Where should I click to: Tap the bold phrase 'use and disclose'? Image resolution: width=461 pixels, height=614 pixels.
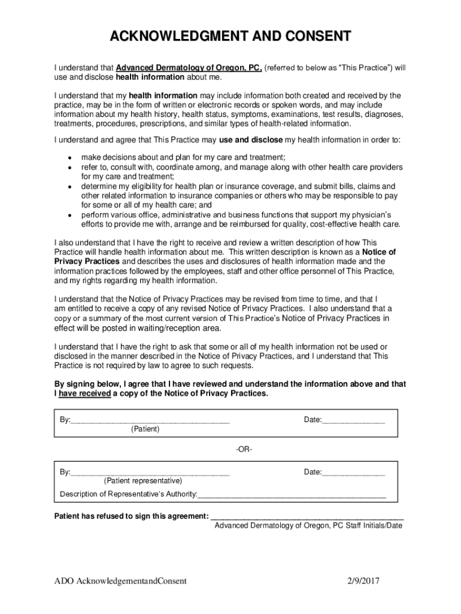point(250,140)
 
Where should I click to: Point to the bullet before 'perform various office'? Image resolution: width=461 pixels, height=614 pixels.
point(70,215)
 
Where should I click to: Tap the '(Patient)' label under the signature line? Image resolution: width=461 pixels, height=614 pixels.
point(145,429)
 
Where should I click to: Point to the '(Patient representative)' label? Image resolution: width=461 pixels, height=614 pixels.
point(143,481)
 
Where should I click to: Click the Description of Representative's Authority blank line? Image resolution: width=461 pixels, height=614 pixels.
point(292,496)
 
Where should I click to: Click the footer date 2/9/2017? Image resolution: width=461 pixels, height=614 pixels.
point(364,581)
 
